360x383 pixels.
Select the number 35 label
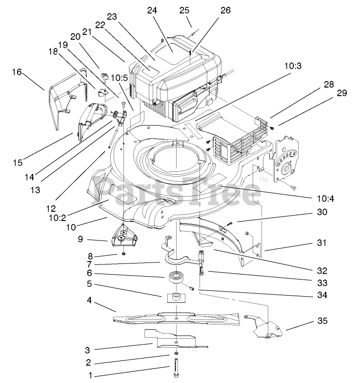coord(322,321)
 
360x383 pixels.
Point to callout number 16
coord(17,72)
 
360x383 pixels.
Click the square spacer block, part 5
coord(175,296)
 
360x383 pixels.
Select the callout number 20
coord(75,37)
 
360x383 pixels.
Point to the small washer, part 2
coord(176,353)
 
